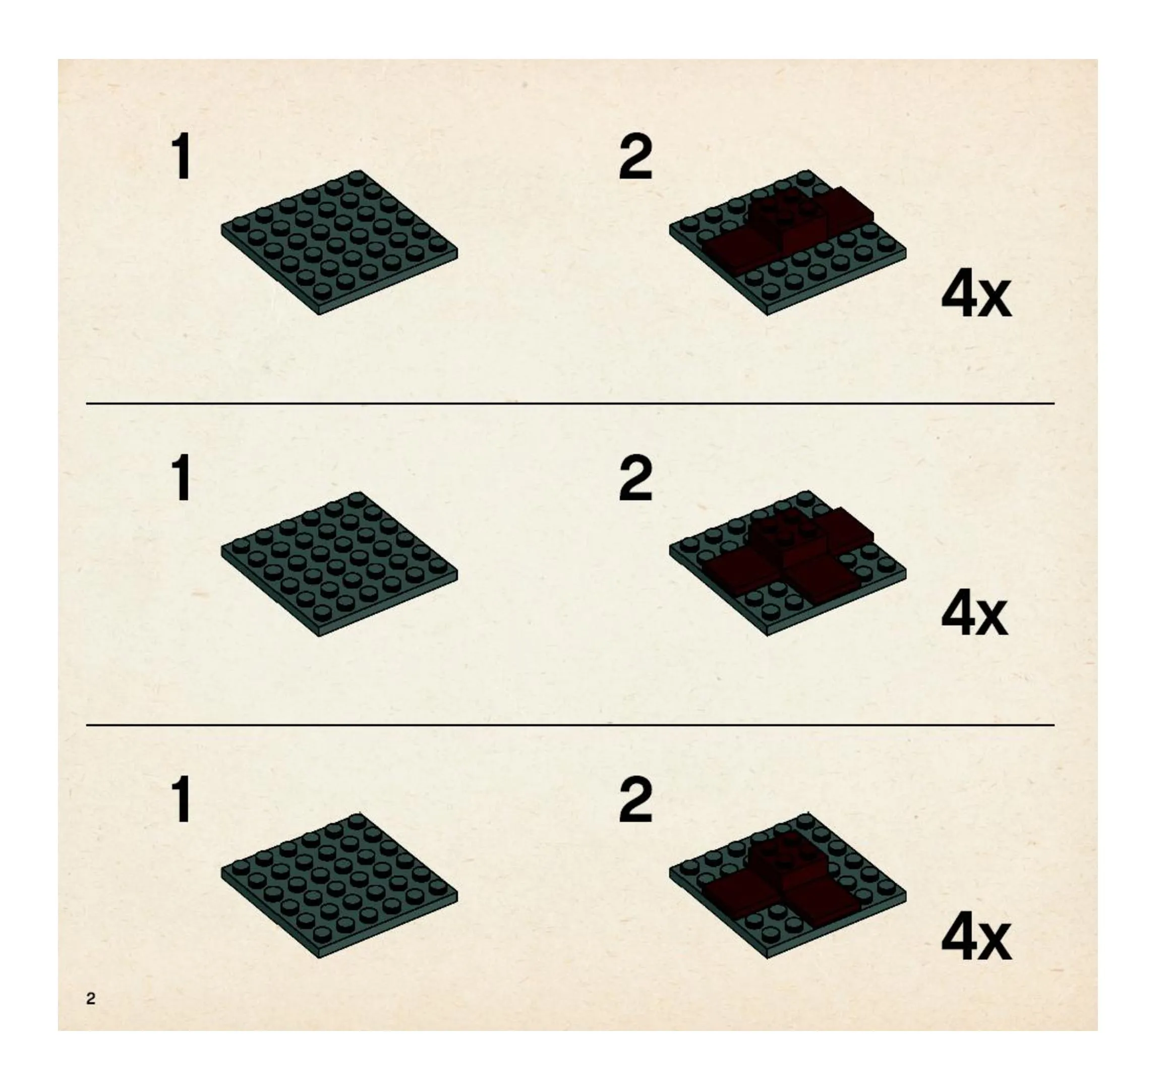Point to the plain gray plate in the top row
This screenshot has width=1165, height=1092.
tap(339, 243)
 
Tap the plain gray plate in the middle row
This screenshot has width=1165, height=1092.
tap(339, 564)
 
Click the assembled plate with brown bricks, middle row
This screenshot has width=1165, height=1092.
tap(788, 564)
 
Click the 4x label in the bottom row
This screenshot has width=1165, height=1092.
tap(976, 939)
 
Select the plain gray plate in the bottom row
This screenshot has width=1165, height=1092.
tap(339, 885)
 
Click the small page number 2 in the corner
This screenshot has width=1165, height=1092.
tap(91, 998)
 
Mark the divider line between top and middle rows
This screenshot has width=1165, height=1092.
tap(570, 404)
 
